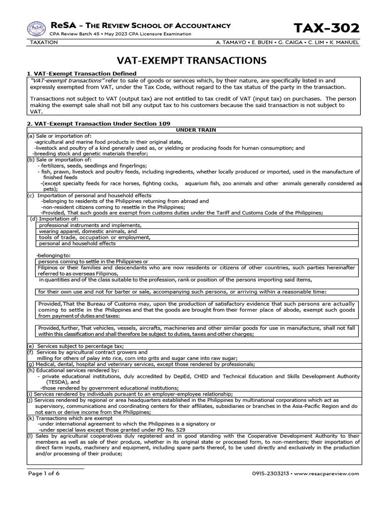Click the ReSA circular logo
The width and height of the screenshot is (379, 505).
(x=37, y=29)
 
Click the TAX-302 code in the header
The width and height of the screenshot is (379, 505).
(x=327, y=28)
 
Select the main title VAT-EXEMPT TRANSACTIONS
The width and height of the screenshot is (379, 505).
(x=191, y=61)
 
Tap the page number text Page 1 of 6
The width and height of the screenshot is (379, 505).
(x=43, y=473)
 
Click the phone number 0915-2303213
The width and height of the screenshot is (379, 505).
(x=271, y=473)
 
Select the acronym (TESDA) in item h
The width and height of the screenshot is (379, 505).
(x=60, y=382)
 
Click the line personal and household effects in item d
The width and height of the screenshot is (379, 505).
(x=77, y=243)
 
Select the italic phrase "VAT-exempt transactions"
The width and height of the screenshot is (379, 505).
(x=58, y=80)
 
